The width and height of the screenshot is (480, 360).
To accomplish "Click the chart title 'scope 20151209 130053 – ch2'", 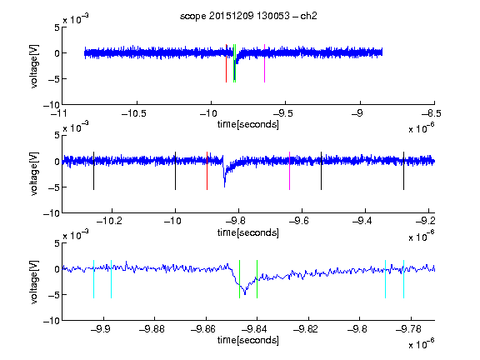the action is coord(248,16).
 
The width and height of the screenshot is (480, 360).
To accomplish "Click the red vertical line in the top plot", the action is coord(226,63).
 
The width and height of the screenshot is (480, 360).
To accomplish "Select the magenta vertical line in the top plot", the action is coord(264,63).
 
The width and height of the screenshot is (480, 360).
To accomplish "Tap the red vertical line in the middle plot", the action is coord(207,171).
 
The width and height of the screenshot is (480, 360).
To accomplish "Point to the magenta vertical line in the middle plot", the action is coord(290,171).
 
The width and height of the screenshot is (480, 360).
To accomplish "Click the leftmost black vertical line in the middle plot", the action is coord(93,171).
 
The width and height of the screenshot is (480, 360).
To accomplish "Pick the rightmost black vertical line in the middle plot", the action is coord(403,171).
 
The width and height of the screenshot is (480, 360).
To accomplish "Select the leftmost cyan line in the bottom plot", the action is coord(93,279).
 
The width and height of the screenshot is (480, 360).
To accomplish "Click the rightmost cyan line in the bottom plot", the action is coord(403,279).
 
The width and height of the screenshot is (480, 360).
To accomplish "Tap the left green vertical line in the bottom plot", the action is coord(239,279).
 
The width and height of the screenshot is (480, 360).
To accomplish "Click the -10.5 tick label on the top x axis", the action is coord(134,113).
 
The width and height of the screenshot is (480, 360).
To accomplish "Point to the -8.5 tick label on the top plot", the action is coord(432,113).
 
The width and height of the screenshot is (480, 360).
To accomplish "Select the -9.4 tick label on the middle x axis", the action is coord(362,221).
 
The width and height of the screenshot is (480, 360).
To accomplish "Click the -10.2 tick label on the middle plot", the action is coord(109,221).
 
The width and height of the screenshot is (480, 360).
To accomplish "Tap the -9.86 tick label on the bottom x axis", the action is coord(203,329).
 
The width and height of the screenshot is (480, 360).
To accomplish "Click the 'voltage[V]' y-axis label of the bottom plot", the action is coord(34,282).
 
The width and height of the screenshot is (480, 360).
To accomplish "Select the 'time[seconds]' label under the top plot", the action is coord(248,124).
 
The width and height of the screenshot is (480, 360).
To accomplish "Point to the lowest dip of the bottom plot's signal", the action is coord(245,294).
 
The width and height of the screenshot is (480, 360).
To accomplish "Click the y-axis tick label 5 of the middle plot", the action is coord(57,135).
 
